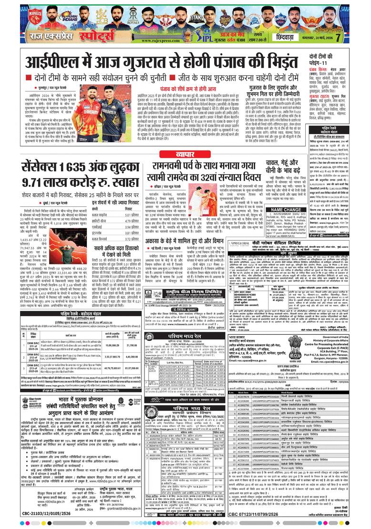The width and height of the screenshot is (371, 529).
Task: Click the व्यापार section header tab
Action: click(186, 155)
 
